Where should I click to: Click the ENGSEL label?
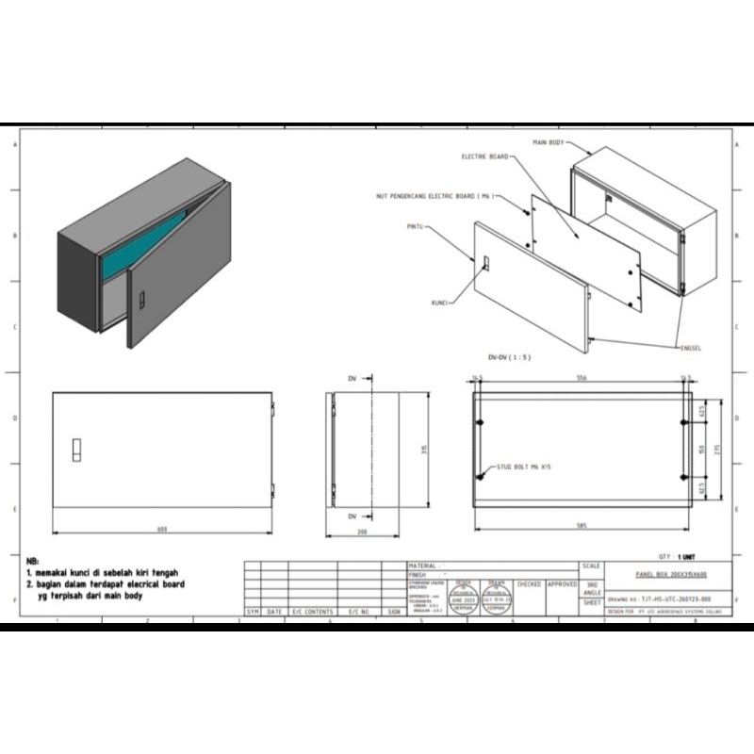691,347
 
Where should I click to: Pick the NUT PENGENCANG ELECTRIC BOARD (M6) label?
432,196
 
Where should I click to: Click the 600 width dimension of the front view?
161,530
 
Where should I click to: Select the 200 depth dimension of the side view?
363,533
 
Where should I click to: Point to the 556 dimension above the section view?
582,378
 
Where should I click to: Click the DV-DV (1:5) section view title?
509,358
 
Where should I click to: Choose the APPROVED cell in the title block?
563,584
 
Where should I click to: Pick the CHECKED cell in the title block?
529,584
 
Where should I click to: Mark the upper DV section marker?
352,378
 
